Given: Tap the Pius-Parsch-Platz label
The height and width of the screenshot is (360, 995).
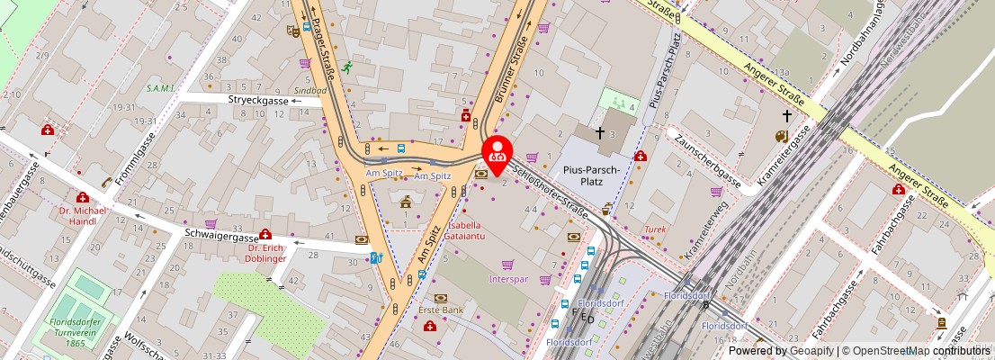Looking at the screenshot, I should (596, 175).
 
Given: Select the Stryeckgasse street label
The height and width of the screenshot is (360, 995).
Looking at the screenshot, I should (257, 101).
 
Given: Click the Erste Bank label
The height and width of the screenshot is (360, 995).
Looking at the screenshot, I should (440, 310).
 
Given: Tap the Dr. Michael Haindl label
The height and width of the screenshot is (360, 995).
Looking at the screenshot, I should (82, 216).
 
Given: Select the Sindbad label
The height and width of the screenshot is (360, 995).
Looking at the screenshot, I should (311, 91).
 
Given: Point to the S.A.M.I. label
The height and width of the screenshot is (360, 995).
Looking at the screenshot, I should (160, 89).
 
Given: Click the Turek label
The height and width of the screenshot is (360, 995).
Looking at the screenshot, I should (654, 229).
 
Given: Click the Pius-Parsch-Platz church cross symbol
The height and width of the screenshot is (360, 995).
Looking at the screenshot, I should (599, 132).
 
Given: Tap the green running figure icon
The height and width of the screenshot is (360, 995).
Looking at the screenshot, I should (345, 65).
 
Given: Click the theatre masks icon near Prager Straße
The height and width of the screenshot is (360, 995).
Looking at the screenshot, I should (292, 30).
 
